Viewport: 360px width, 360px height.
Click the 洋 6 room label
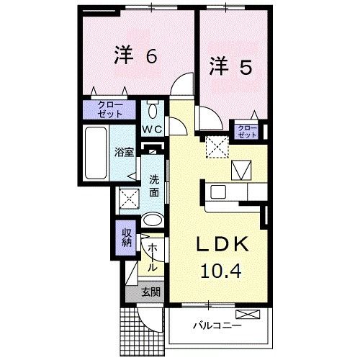[x=135, y=57]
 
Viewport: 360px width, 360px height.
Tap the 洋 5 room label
[x=230, y=66]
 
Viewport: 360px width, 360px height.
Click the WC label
[x=152, y=129]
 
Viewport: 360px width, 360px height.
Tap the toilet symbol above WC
[x=153, y=111]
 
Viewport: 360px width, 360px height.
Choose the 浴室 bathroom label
[x=124, y=153]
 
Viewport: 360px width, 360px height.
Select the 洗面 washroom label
[x=154, y=186]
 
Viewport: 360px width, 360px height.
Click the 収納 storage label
[x=126, y=237]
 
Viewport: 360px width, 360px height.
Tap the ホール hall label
[x=153, y=256]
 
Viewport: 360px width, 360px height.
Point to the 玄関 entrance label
[x=150, y=292]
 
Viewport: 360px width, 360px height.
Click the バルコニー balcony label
[x=217, y=326]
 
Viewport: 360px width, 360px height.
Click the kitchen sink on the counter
[x=218, y=192]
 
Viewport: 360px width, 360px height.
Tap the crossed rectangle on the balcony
[x=246, y=314]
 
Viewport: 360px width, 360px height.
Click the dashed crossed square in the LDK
[x=215, y=147]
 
